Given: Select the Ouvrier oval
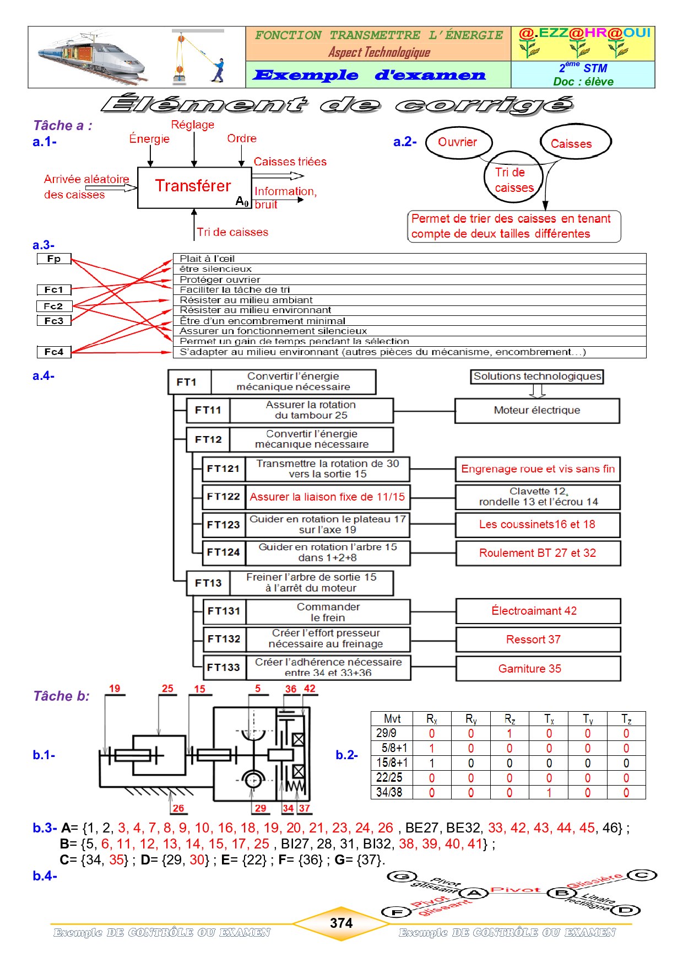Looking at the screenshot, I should pos(458,142).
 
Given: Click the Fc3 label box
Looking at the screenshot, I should pos(54,321).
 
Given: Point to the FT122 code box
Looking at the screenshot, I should pos(224,497).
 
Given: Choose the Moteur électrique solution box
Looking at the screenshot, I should pos(537,411).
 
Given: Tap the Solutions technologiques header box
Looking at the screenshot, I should pos(537,377).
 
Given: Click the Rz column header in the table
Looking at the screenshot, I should pos(509,719).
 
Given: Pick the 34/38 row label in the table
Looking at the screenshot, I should pos(389,793).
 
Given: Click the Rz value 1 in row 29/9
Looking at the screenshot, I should pos(509,734).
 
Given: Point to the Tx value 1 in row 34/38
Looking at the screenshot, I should pos(549,793).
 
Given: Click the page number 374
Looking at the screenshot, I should pos(341,923).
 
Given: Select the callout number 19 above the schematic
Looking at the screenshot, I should pos(115,689).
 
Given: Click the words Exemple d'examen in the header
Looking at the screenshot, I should pos(369,75).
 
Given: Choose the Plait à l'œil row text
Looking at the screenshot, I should pos(207,259).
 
